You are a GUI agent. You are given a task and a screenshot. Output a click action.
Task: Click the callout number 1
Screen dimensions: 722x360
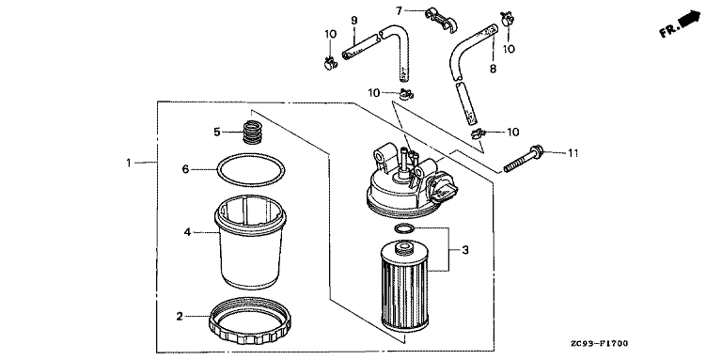[x=129, y=163]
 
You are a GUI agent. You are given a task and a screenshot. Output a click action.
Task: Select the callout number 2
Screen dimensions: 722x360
[x=180, y=316]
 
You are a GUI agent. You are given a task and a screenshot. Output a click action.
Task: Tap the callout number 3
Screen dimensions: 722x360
[x=465, y=250]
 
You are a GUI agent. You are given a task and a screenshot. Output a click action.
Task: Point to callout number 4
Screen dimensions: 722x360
[x=187, y=232]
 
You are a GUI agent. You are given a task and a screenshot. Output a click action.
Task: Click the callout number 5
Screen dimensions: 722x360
[x=217, y=133]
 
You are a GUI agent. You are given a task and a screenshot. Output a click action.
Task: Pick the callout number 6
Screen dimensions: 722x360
[x=185, y=169]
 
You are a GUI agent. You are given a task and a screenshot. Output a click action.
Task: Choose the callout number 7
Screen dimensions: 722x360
[x=399, y=10]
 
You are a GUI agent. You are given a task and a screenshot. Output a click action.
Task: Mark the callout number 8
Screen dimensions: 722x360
[x=493, y=69]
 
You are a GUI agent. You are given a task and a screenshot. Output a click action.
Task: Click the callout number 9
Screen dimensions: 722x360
[x=354, y=21]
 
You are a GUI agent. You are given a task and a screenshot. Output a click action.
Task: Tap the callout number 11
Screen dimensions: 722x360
[x=573, y=153]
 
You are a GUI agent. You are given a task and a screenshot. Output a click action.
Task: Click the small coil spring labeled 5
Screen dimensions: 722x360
[x=250, y=133]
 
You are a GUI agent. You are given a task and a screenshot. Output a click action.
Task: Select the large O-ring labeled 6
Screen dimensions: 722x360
[x=251, y=169]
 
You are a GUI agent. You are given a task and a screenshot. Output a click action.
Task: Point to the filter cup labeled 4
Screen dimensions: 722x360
[x=250, y=243]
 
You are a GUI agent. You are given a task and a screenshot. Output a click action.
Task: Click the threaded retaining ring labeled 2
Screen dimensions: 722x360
[x=250, y=321]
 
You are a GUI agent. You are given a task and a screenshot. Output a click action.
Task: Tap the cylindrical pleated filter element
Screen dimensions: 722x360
[x=405, y=287]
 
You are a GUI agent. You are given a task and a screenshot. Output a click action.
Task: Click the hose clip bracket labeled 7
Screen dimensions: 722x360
[x=441, y=20]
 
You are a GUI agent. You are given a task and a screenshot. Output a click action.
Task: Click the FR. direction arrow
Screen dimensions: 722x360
[x=680, y=24]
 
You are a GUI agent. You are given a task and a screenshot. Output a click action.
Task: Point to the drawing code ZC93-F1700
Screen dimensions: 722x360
[x=598, y=343]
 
